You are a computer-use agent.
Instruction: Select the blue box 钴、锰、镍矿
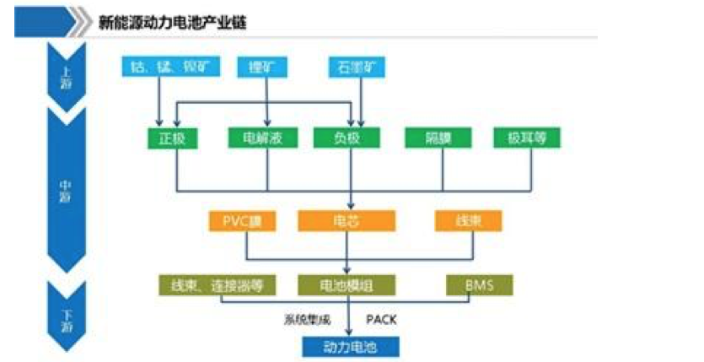click(169, 66)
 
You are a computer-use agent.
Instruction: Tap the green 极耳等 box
click(526, 138)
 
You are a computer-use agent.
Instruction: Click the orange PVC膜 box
click(243, 221)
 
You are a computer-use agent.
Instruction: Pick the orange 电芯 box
click(347, 221)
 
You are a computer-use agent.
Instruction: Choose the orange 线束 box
click(468, 221)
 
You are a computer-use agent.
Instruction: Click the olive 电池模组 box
click(347, 285)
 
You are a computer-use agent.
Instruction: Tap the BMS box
click(478, 285)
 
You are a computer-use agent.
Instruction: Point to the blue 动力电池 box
click(349, 346)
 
